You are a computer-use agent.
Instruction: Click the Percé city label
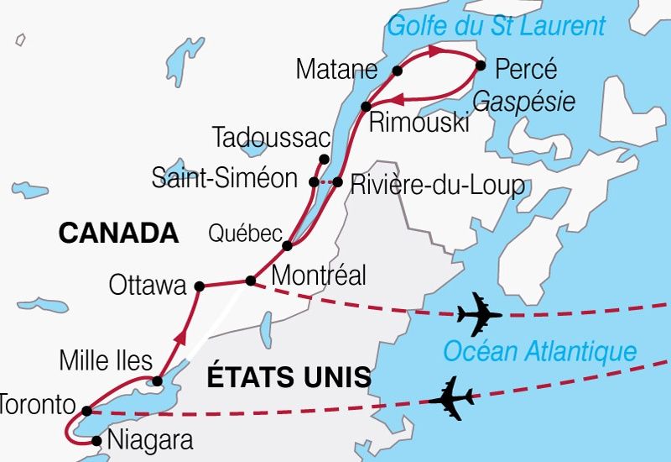(526, 68)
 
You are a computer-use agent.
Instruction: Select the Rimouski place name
(419, 123)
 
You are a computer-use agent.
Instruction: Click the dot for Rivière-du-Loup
(337, 181)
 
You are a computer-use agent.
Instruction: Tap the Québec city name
(245, 234)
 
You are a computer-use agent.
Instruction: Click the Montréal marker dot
(250, 281)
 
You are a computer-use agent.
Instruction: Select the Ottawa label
(148, 286)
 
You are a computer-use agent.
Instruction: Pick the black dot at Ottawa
(199, 286)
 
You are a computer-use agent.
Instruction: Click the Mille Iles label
(106, 362)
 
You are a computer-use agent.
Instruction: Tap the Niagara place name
(151, 440)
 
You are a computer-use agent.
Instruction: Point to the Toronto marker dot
(87, 411)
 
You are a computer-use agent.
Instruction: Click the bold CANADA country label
(119, 234)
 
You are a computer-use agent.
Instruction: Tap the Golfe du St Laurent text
(496, 25)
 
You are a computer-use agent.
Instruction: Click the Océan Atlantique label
(539, 351)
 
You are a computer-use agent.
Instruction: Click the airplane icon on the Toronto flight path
(451, 398)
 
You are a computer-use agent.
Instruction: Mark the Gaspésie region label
(524, 102)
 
